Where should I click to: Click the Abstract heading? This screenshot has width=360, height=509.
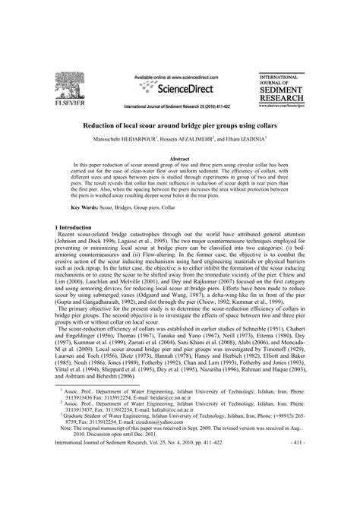pyautogui.click(x=179, y=158)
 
